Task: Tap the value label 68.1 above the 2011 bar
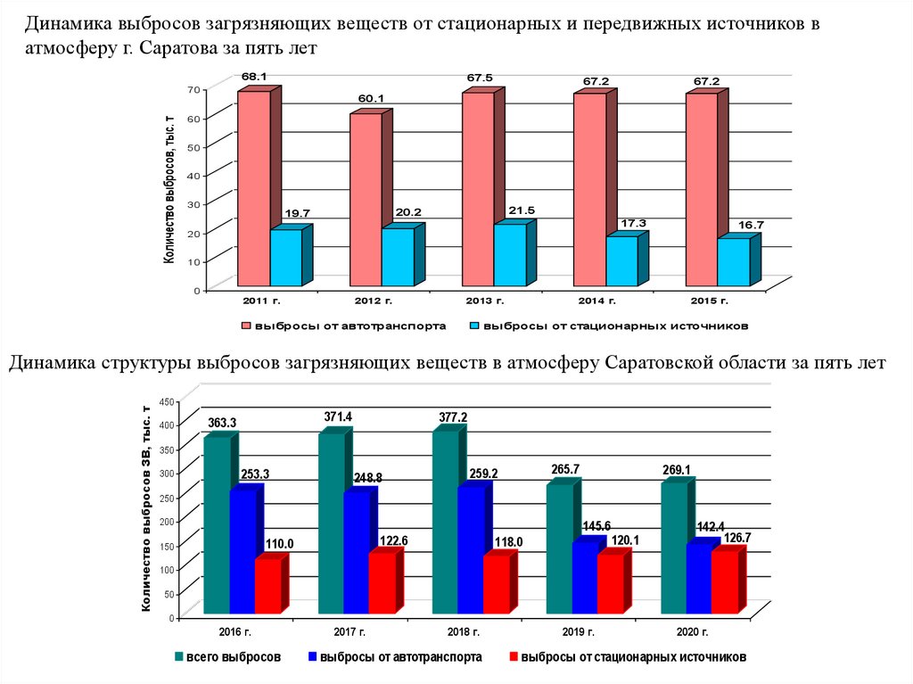pyautogui.click(x=254, y=77)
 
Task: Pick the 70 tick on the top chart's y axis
pyautogui.click(x=192, y=89)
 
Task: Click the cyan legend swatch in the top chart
pyautogui.click(x=477, y=326)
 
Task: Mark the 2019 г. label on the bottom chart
pyautogui.click(x=579, y=632)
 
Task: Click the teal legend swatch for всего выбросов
pyautogui.click(x=178, y=657)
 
